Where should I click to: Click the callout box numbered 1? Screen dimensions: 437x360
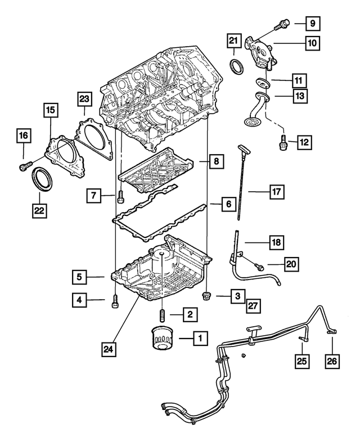pyautogui.click(x=199, y=339)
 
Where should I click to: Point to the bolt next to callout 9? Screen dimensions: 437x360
pyautogui.click(x=281, y=24)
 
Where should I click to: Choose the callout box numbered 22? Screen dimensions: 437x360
pyautogui.click(x=39, y=211)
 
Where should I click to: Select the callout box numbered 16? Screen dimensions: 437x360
pyautogui.click(x=23, y=136)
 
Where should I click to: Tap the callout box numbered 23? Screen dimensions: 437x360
pyautogui.click(x=84, y=100)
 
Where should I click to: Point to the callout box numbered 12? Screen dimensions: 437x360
pyautogui.click(x=304, y=143)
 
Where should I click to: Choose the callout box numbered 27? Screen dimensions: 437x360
pyautogui.click(x=254, y=305)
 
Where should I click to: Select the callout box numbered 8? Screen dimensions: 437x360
pyautogui.click(x=216, y=162)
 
